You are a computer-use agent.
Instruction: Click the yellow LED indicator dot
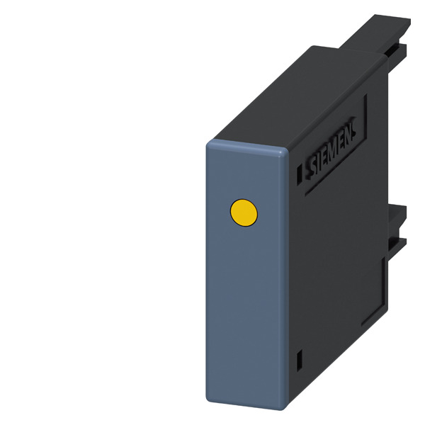(244, 212)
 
